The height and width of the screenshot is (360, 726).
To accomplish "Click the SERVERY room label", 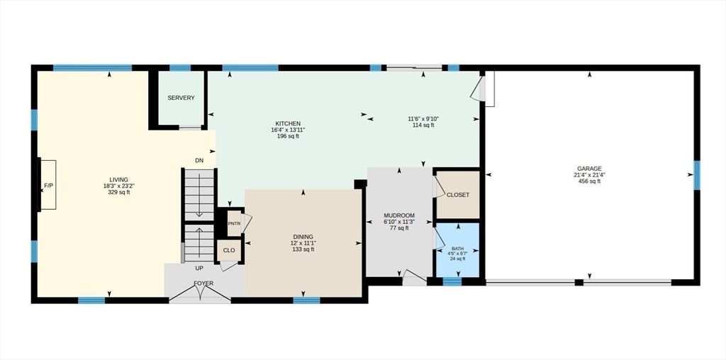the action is tap(181, 98).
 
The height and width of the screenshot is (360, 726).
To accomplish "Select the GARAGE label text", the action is tap(589, 169).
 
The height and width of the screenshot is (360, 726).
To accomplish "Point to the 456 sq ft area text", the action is tap(589, 181).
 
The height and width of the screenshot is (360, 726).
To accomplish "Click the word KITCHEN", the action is tap(288, 123).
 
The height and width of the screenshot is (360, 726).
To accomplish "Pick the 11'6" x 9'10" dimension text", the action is tap(423, 119).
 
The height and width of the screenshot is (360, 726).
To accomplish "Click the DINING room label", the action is tap(303, 237).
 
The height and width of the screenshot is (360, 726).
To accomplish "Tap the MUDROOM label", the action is tap(399, 215).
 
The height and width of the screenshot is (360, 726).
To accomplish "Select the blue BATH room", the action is tap(457, 250).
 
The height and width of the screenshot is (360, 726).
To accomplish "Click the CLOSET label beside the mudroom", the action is tap(457, 195).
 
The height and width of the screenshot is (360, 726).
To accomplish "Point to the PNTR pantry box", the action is tap(234, 223).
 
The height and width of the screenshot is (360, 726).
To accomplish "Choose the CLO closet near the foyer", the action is tap(229, 250).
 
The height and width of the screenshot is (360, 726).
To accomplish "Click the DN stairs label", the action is tap(199, 161).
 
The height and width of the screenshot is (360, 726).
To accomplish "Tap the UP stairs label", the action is tap(199, 269).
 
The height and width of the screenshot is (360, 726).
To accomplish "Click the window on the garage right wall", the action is tap(697, 175).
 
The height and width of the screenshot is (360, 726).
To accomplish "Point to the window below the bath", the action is tap(452, 281).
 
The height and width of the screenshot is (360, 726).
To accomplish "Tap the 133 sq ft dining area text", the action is tap(303, 249).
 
